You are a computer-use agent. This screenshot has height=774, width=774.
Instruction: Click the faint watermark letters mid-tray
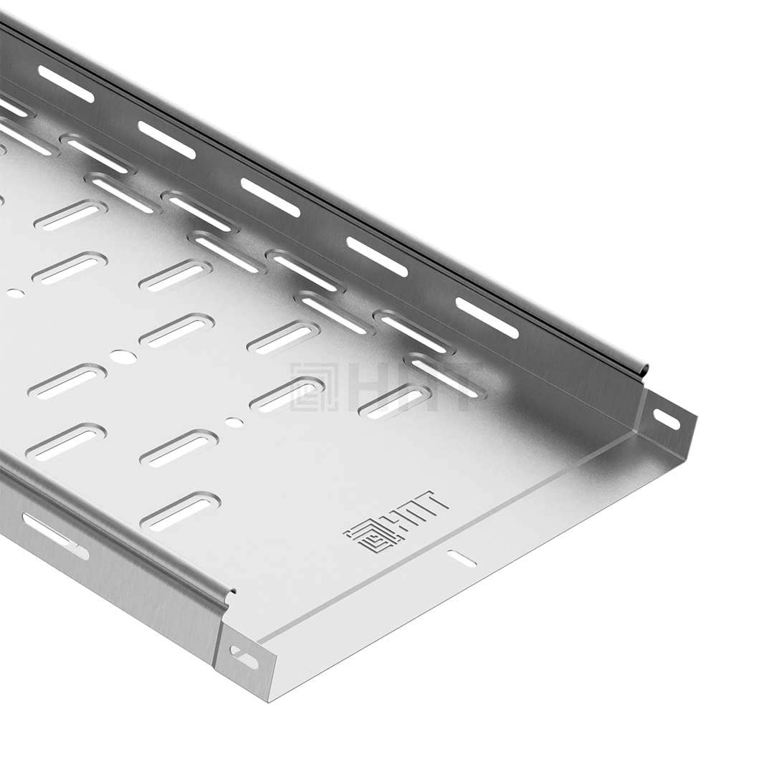412,387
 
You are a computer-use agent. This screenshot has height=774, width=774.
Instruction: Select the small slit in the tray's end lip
462,558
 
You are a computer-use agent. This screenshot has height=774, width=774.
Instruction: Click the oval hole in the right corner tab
667,419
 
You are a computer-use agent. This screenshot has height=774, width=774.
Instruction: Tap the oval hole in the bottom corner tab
244,657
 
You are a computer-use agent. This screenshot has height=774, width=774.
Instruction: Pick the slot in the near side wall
55,536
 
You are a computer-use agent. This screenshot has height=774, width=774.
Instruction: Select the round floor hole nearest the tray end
234,422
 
